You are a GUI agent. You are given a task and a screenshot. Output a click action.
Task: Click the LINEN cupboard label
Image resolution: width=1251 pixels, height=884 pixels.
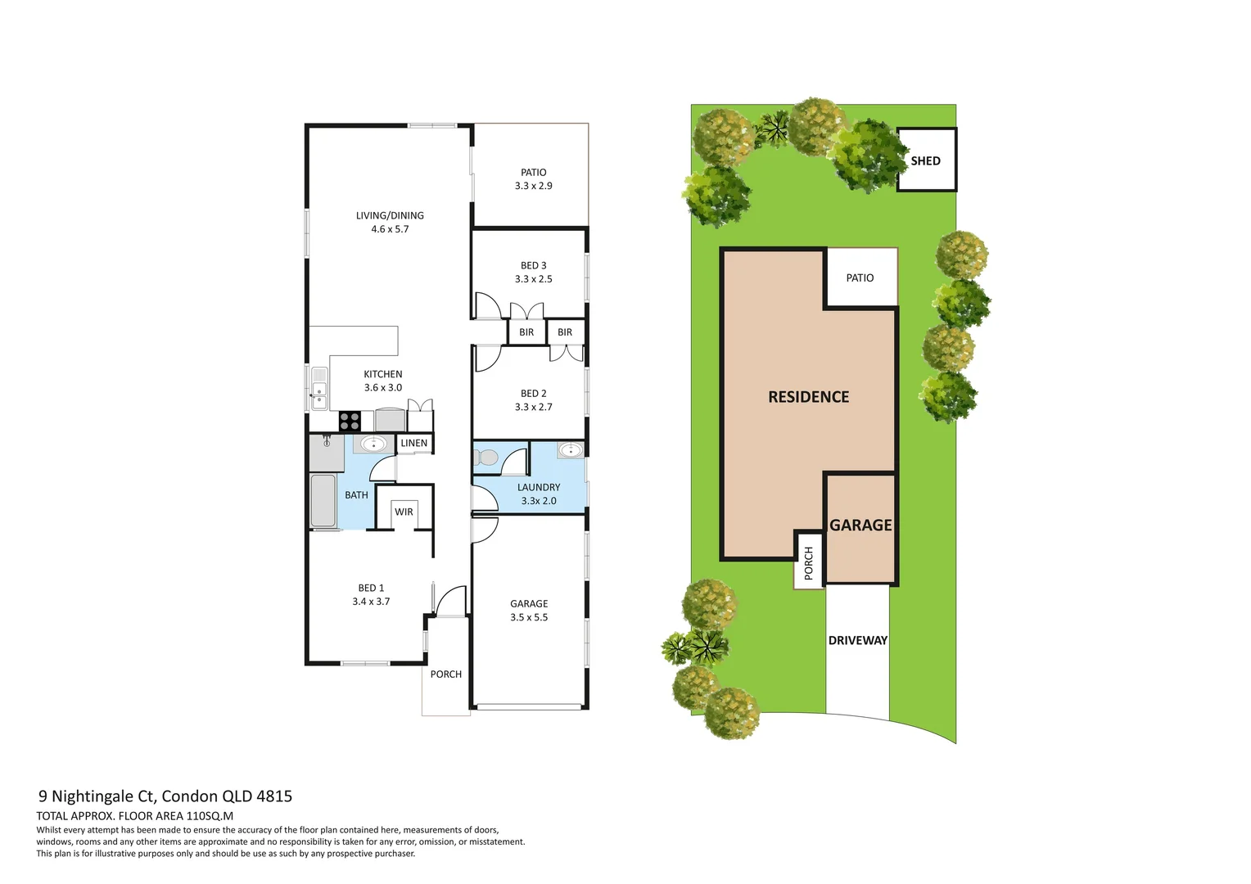point(413,443)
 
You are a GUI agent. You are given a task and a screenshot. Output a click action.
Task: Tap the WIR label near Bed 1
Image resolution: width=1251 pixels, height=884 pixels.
point(404,512)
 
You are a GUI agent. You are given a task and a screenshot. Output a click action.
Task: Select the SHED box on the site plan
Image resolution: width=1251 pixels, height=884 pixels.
point(927,160)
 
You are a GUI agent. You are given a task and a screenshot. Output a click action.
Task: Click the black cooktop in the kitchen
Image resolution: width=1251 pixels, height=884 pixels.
point(350,421)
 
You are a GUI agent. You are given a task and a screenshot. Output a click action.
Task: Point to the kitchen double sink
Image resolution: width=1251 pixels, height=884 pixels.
point(319,388)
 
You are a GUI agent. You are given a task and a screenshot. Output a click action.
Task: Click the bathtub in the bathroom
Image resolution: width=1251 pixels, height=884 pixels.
point(323,500)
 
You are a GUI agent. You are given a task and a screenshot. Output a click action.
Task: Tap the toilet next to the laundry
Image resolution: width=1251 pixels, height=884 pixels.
point(485,458)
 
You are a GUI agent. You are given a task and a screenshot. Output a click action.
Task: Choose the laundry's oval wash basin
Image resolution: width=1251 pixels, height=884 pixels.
point(570,450)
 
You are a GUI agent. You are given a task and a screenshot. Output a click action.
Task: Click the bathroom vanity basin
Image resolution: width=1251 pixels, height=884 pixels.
point(373,444)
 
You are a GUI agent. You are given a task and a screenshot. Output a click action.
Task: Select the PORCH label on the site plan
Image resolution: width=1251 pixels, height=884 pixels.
point(808,563)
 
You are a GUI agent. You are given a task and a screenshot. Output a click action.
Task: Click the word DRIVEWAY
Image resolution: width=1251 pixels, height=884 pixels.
point(858,641)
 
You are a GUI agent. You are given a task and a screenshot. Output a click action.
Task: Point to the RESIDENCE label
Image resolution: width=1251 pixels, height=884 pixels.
point(809,397)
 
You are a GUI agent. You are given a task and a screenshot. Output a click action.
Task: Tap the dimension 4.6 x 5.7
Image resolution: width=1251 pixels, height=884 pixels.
point(390,229)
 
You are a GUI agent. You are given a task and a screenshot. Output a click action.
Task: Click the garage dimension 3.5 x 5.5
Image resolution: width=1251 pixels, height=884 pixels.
point(529,617)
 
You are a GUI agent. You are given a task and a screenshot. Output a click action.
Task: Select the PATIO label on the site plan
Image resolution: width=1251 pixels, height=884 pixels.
point(860,277)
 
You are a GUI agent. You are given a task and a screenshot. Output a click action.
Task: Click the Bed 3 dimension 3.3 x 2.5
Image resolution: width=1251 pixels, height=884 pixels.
point(533,278)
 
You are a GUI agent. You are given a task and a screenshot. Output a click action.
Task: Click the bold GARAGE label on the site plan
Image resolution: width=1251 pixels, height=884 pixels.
point(860,525)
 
